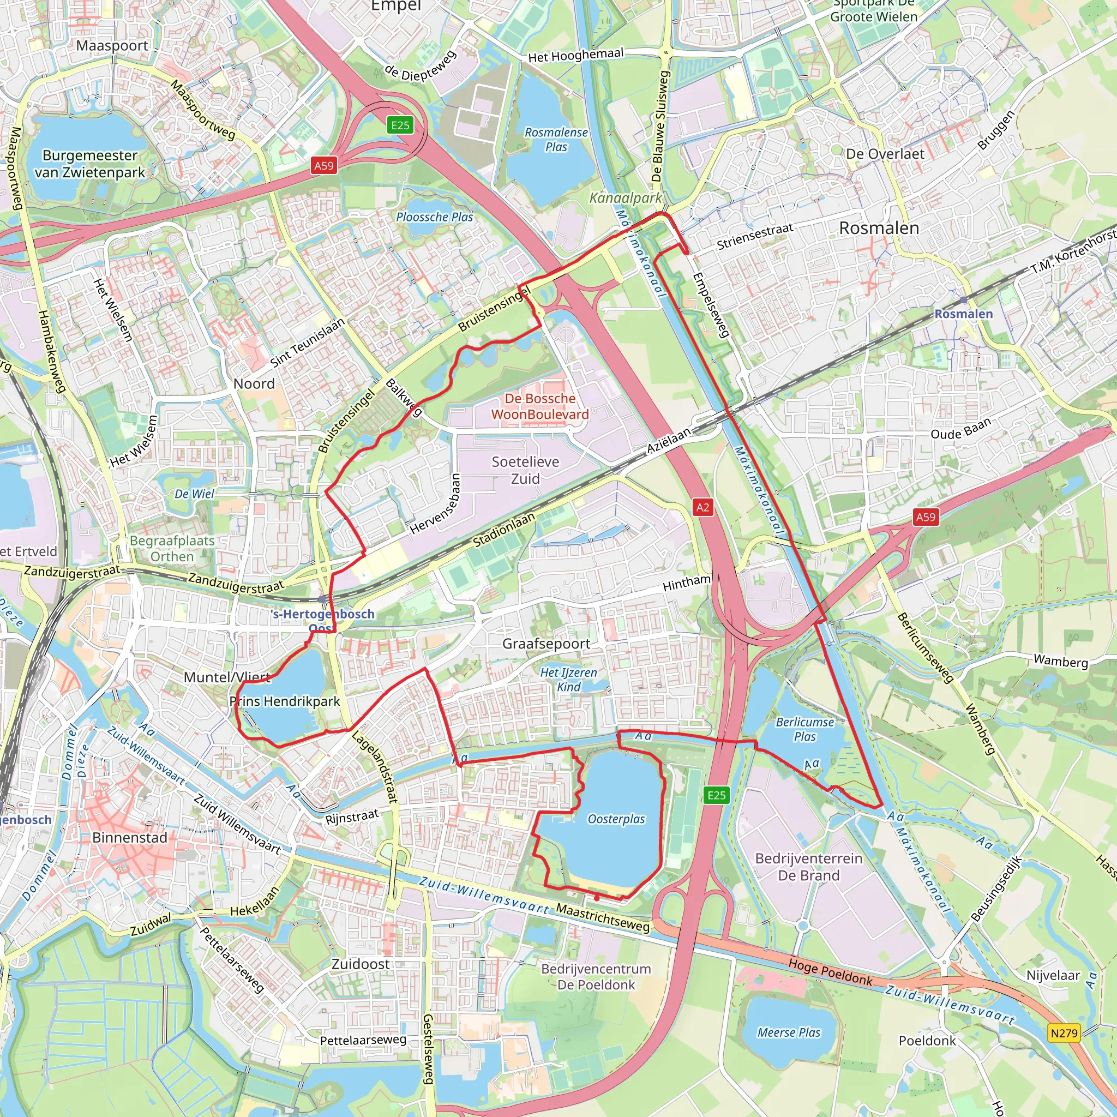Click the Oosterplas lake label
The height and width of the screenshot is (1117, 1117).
616,819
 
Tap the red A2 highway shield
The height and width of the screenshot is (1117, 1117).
702,508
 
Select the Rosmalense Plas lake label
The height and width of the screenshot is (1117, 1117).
556,139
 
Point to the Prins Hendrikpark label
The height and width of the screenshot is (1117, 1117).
285,701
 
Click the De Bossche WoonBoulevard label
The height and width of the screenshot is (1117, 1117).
540,406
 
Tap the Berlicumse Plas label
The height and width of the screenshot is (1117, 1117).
805,729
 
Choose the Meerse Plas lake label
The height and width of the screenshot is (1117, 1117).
789,1032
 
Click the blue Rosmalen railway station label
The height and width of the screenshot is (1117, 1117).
963,314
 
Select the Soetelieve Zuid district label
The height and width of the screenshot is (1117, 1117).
525,470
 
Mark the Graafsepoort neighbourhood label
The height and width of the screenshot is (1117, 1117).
546,644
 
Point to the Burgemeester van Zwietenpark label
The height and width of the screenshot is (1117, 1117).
89,164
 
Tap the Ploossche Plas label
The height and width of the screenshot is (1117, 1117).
434,217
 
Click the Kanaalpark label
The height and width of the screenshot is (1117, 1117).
626,198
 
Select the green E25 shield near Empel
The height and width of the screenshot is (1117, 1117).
400,125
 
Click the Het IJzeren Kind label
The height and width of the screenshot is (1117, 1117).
568,680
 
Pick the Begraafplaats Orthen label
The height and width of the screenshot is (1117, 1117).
172,549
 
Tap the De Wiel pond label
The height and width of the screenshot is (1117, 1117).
194,494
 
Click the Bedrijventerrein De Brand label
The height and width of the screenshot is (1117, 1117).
808,867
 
